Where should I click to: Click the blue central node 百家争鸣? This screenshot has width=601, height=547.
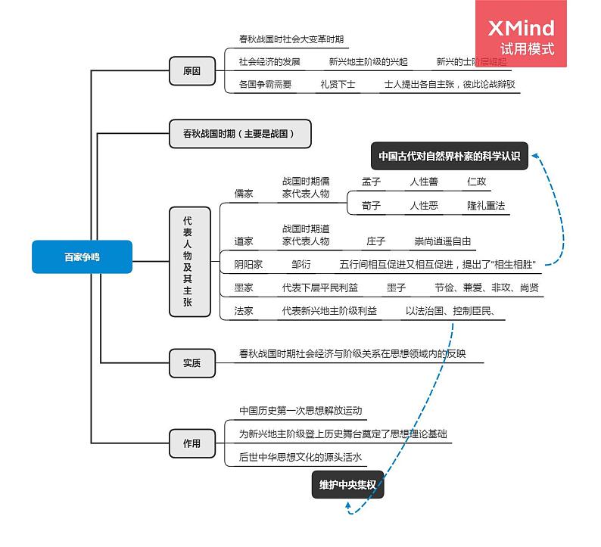pyautogui.click(x=82, y=257)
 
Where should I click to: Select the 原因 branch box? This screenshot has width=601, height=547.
pyautogui.click(x=192, y=72)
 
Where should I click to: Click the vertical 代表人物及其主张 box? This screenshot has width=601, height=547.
pyautogui.click(x=188, y=261)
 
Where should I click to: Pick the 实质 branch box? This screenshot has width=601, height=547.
pyautogui.click(x=192, y=362)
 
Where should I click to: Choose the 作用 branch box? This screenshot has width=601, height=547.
pyautogui.click(x=192, y=443)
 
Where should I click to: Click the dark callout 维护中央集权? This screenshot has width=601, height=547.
pyautogui.click(x=347, y=485)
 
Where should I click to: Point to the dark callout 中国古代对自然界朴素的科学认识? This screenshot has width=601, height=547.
pyautogui.click(x=450, y=157)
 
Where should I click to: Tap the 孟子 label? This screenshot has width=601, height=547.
pyautogui.click(x=371, y=182)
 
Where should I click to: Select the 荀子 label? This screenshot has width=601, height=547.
pyautogui.click(x=371, y=206)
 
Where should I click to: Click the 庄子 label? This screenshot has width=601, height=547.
pyautogui.click(x=376, y=241)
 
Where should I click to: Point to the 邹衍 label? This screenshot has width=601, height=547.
pyautogui.click(x=300, y=265)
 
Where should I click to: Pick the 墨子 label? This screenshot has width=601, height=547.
pyautogui.click(x=396, y=287)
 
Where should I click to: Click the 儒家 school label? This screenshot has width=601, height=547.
pyautogui.click(x=244, y=194)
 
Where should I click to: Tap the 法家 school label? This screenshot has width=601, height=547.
pyautogui.click(x=244, y=311)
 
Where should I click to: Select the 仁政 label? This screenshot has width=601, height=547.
pyautogui.click(x=477, y=182)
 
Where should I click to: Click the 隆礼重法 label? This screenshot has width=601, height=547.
pyautogui.click(x=486, y=206)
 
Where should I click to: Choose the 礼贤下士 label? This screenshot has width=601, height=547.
pyautogui.click(x=338, y=85)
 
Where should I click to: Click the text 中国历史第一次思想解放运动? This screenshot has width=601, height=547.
pyautogui.click(x=300, y=411)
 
